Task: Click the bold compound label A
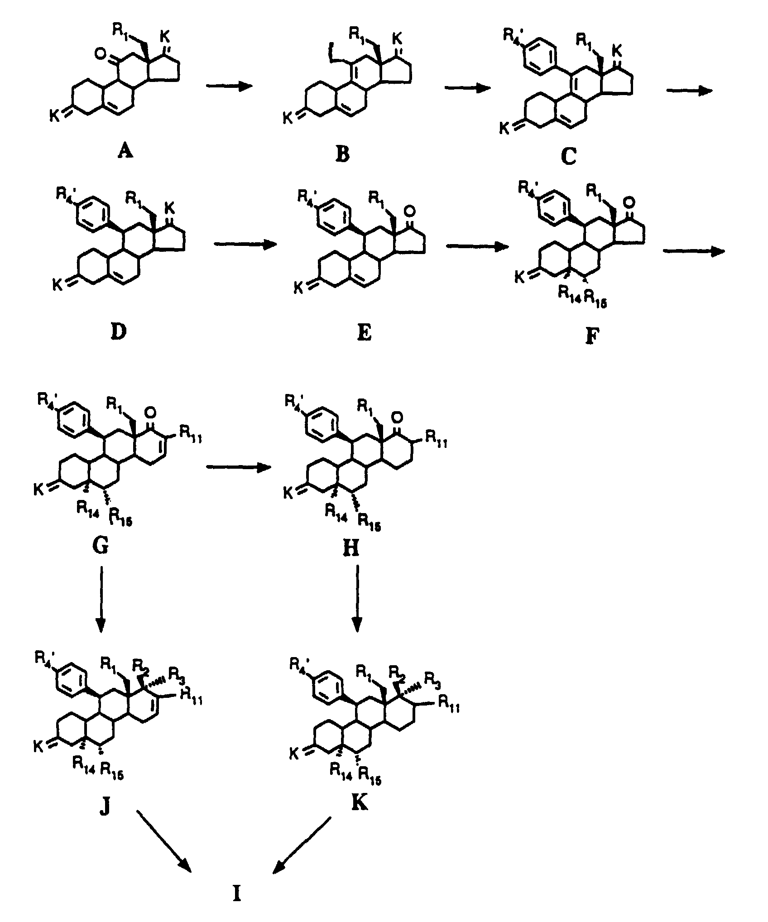pyautogui.click(x=125, y=151)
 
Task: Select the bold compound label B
pyautogui.click(x=343, y=154)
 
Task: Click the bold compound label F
pyautogui.click(x=590, y=336)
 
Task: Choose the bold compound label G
pyautogui.click(x=100, y=546)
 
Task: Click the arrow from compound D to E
pyautogui.click(x=245, y=245)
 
